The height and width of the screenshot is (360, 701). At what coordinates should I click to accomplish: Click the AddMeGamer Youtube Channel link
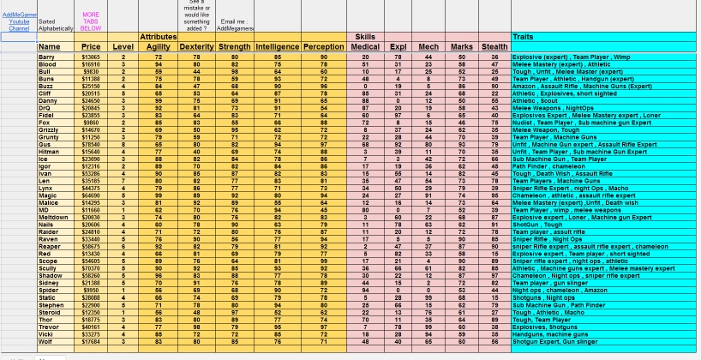(x=19, y=21)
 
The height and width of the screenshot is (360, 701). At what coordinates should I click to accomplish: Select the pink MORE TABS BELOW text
(x=90, y=21)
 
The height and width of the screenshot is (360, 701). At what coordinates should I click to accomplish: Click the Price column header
(x=91, y=45)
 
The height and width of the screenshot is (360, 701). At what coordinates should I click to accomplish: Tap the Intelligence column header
(x=277, y=45)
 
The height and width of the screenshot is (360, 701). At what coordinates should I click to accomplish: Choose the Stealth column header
(x=494, y=45)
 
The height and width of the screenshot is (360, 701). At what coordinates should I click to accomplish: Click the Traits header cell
(x=524, y=37)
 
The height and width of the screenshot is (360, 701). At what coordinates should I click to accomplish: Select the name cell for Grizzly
(x=49, y=129)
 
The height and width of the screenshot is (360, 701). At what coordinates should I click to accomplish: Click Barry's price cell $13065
(x=91, y=57)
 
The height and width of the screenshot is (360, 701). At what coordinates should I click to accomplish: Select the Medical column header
(x=365, y=45)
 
